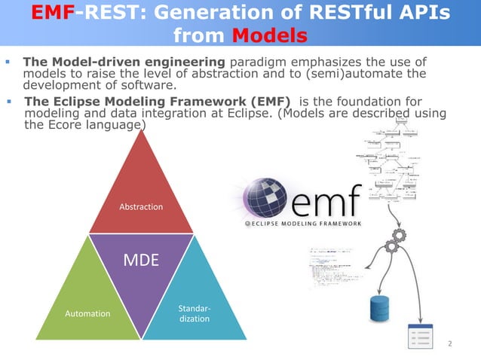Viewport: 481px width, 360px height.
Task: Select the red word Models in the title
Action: point(269,36)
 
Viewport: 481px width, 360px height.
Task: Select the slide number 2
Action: point(449,344)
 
